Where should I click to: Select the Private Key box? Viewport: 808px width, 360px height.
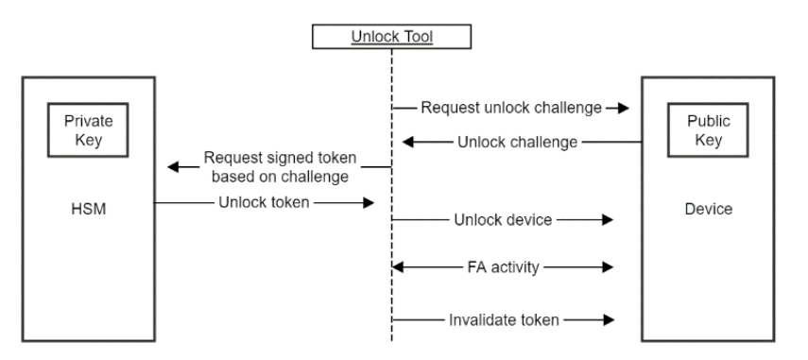[88, 131]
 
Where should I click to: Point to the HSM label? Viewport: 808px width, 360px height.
[88, 208]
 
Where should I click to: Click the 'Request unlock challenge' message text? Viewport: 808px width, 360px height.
[511, 108]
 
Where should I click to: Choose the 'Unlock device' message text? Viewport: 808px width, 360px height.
[502, 220]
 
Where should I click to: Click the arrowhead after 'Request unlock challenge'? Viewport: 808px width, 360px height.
[623, 108]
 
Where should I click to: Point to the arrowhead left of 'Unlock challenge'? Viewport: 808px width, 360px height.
[406, 143]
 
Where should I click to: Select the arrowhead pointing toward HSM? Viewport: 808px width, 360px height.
[175, 166]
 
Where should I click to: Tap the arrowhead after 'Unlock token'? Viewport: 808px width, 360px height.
[370, 201]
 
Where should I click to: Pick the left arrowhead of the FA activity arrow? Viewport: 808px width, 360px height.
[399, 268]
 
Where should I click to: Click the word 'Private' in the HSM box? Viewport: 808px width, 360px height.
[88, 123]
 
